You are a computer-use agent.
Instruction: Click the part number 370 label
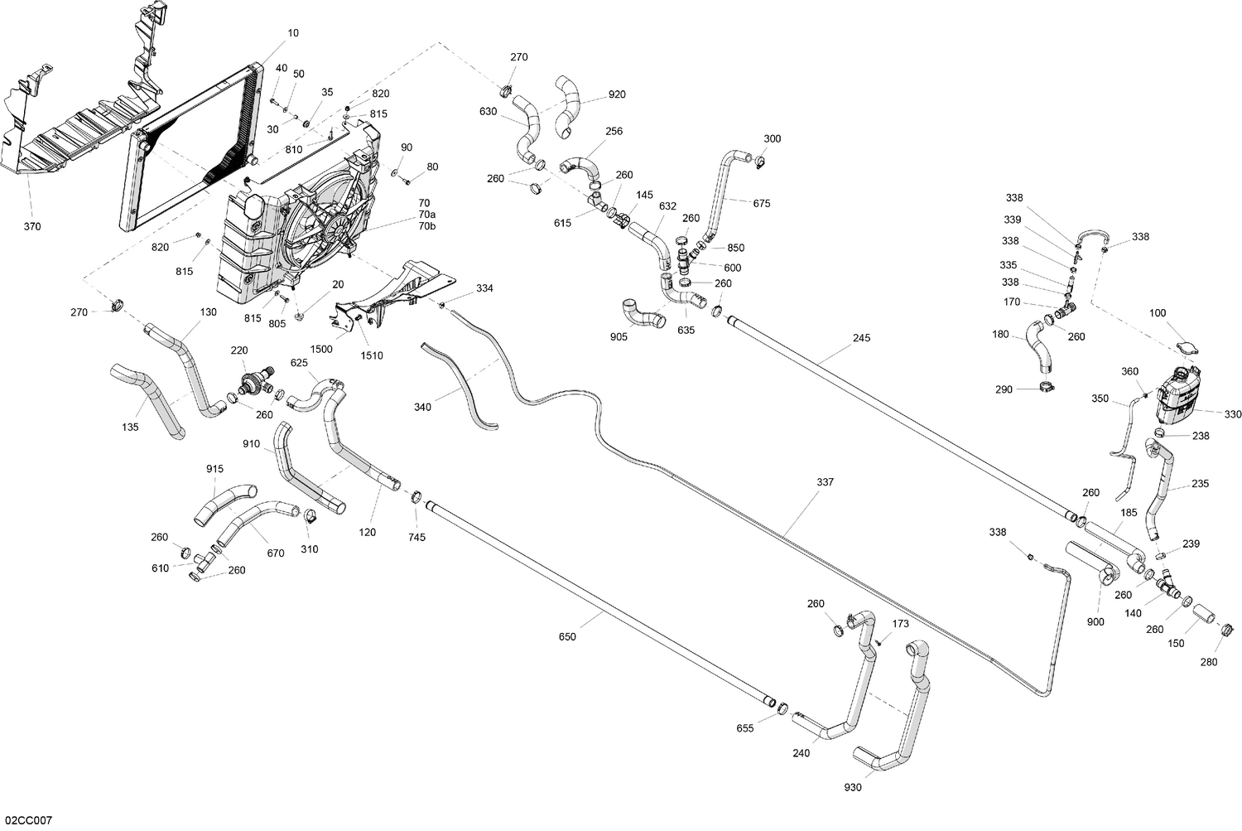pyautogui.click(x=32, y=227)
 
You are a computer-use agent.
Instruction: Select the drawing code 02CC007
pyautogui.click(x=26, y=820)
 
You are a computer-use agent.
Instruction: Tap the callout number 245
pyautogui.click(x=861, y=338)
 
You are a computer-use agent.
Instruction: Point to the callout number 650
pyautogui.click(x=567, y=637)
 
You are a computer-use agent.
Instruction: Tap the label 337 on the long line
pyautogui.click(x=825, y=482)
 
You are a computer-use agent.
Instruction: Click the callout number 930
pyautogui.click(x=853, y=787)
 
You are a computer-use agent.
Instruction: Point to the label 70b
pyautogui.click(x=426, y=226)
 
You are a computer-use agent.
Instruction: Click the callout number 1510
pyautogui.click(x=372, y=355)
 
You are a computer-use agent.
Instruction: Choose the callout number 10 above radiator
pyautogui.click(x=293, y=33)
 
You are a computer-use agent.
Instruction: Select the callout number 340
pyautogui.click(x=423, y=407)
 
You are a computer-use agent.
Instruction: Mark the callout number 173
pyautogui.click(x=900, y=624)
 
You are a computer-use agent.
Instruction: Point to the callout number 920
pyautogui.click(x=617, y=94)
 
